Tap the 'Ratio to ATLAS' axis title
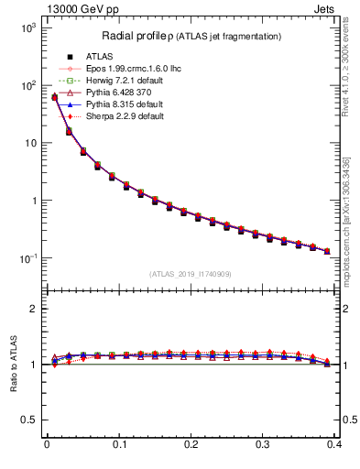13,362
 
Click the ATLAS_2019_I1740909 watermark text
191,273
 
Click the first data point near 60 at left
54,97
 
